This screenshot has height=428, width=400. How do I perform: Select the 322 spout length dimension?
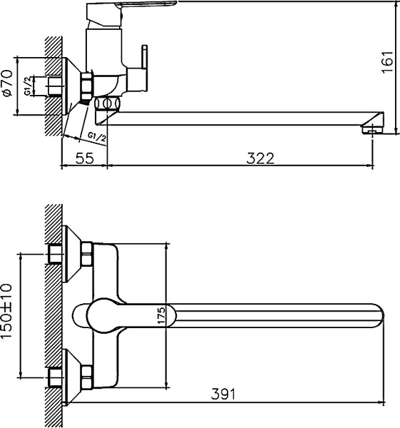(x=261, y=158)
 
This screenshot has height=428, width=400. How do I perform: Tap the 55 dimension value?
(x=84, y=158)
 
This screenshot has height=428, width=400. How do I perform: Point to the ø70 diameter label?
(x=8, y=83)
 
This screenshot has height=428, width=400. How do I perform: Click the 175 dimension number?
(x=161, y=315)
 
